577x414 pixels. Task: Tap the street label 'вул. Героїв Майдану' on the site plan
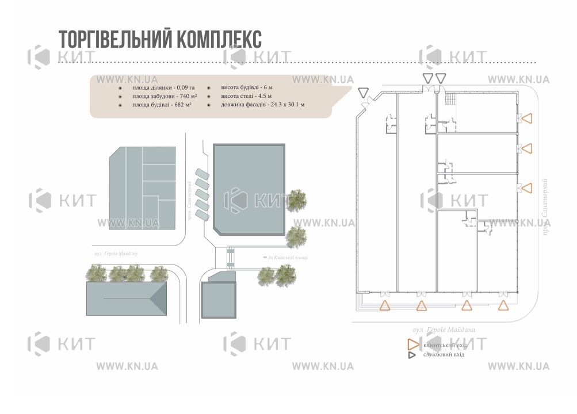pos(116,254)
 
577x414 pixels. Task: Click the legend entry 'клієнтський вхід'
pos(444,345)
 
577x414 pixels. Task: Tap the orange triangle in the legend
pos(412,344)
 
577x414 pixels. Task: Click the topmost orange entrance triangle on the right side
pos(527,118)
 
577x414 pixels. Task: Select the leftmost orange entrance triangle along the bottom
pos(385,306)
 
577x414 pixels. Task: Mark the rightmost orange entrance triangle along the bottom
pos(503,306)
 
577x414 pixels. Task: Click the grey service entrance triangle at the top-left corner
pos(363,92)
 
